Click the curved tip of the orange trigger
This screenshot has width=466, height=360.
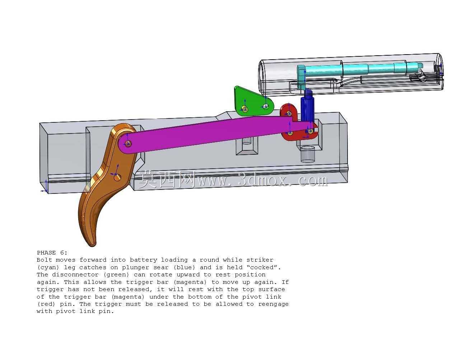[x=92, y=244]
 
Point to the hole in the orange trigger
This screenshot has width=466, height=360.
[x=117, y=178]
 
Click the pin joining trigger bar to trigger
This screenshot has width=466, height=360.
[x=128, y=143]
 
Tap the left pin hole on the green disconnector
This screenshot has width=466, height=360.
[x=244, y=109]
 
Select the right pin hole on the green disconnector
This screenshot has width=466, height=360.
[x=266, y=106]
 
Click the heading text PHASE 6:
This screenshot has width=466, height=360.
[x=52, y=253]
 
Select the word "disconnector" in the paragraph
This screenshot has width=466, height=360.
[x=75, y=275]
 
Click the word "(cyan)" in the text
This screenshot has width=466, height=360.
[x=48, y=267]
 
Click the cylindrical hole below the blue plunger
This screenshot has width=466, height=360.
[x=308, y=154]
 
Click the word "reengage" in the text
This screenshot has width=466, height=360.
[x=274, y=304]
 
